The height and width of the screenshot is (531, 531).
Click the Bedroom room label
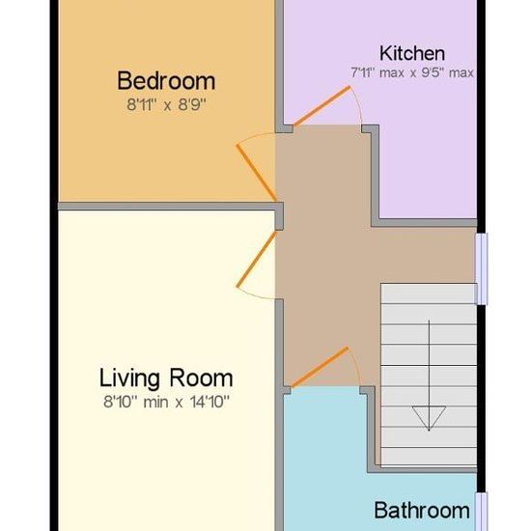pos(166,81)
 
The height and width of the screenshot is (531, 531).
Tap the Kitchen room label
pos(412,53)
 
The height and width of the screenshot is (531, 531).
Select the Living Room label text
pos(166,377)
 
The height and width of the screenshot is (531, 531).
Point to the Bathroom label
pos(422,510)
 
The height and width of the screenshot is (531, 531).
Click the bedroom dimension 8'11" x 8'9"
pos(166,104)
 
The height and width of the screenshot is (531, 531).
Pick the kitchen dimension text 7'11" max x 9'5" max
pos(412,72)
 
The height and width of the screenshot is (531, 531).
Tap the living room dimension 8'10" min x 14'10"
pos(166,402)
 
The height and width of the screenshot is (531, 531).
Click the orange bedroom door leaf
pos(257,173)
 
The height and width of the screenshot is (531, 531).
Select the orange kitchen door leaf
pos(321,106)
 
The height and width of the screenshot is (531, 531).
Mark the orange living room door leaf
pos(257,260)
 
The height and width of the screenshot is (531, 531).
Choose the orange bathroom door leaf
pos(320,367)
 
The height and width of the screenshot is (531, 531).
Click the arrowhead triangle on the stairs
pos(429,418)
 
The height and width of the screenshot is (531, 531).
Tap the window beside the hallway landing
pos(482,268)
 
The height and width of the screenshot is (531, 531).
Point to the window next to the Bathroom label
pos(482,512)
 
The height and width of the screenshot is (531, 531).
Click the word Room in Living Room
pos(201,377)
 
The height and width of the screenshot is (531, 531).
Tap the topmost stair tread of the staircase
pos(429,293)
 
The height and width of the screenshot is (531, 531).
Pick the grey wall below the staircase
pos(422,469)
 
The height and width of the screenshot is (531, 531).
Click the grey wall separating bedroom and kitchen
pos(279,66)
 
